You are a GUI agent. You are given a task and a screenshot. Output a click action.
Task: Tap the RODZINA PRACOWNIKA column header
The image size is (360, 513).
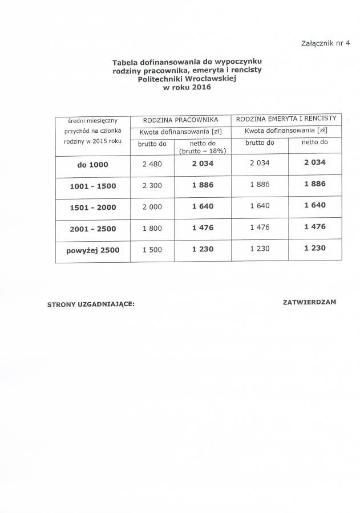tap(180, 119)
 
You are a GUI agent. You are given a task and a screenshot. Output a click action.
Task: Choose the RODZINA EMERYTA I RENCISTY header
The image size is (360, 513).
tap(286, 119)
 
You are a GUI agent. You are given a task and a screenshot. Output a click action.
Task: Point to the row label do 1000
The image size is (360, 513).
tap(92, 165)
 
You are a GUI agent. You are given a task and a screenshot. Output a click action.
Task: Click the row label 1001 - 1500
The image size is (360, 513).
tap(92, 186)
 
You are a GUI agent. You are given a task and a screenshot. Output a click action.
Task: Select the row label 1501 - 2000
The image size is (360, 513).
tap(92, 207)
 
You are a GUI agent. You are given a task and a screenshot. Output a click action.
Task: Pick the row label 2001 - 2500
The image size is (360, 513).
tap(92, 229)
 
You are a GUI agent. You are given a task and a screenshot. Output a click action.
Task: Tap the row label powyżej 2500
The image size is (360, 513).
tap(93, 250)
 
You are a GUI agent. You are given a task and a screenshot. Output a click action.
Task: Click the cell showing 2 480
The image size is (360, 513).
tap(152, 164)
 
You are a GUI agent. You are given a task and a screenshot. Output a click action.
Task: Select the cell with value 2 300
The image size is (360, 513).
tap(152, 185)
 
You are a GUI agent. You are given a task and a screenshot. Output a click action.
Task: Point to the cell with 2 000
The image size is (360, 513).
tap(152, 207)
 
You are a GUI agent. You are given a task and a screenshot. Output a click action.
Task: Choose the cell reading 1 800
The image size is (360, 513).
tap(152, 228)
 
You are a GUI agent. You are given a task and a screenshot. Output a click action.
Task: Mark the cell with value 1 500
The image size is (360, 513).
tap(152, 250)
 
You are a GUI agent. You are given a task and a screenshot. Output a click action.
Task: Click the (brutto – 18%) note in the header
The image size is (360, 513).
tap(203, 151)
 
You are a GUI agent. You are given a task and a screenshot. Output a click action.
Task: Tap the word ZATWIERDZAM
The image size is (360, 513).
tap(309, 302)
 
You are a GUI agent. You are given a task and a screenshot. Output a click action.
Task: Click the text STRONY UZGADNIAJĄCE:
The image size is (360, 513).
tap(91, 304)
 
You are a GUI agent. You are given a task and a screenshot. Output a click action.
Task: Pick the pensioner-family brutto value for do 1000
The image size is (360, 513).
tap(260, 163)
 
